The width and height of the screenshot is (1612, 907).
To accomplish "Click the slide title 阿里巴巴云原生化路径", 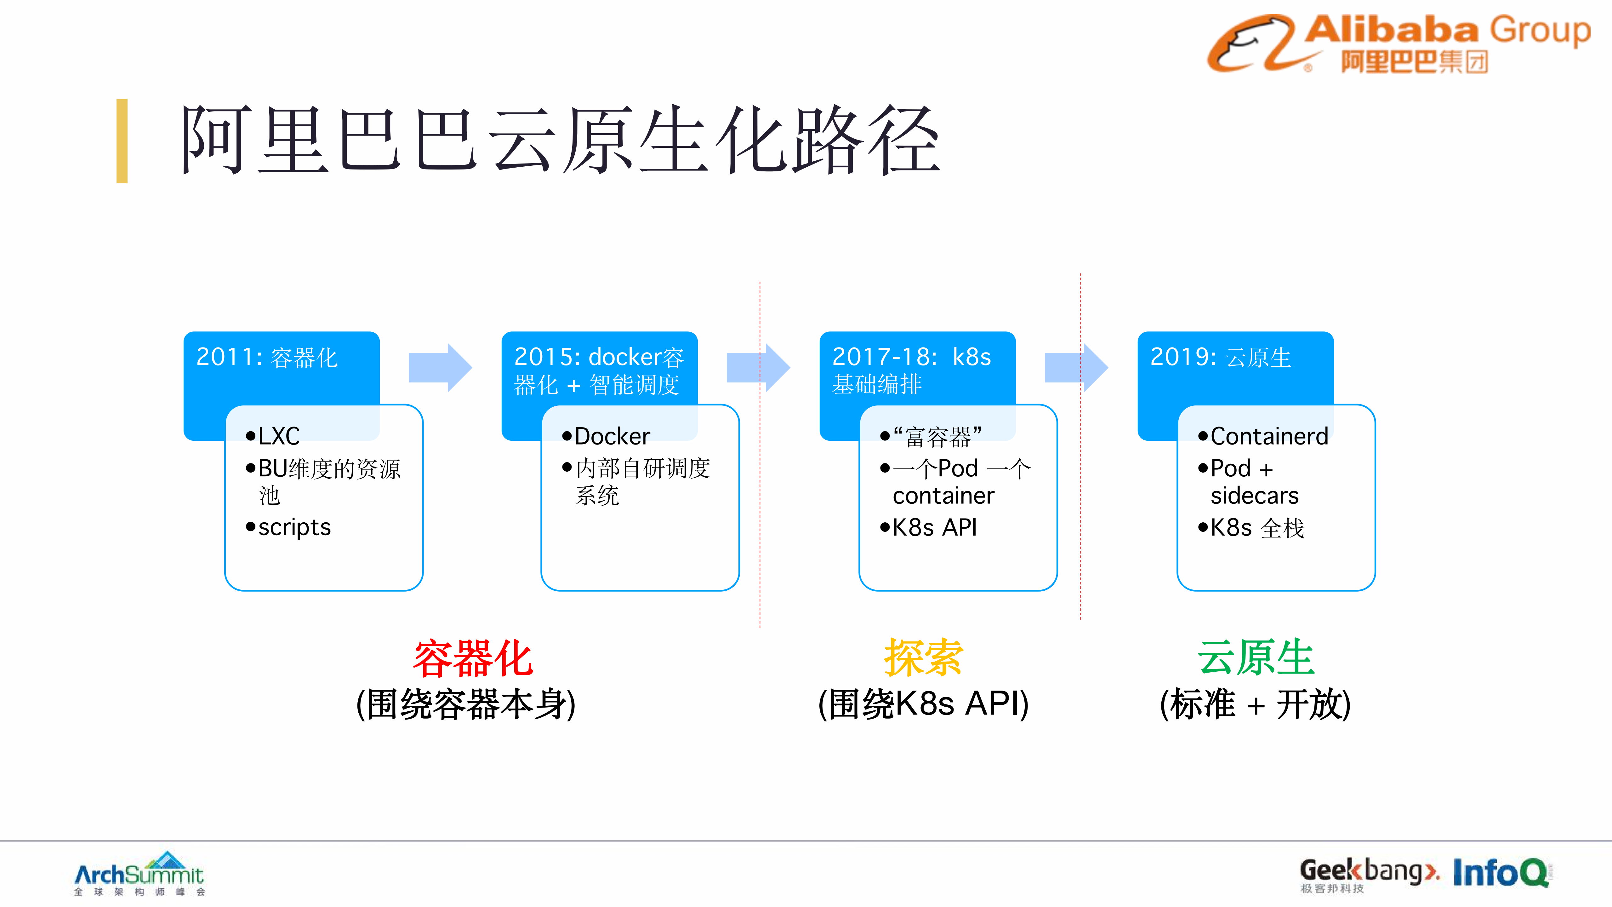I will pos(560,141).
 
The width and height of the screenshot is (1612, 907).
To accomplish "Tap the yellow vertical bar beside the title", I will pos(122,141).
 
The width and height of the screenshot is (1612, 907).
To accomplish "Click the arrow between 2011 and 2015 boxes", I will pos(440,367).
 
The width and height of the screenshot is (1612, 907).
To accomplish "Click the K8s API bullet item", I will pos(934,528).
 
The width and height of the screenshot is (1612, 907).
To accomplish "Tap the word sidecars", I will pos(1254,496).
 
